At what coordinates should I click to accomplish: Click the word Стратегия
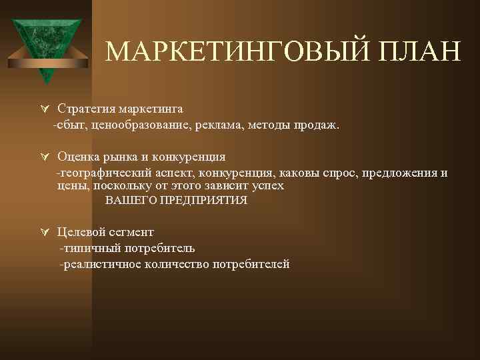click(85, 108)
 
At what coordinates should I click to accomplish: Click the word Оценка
click(76, 157)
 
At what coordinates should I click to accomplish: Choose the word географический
click(100, 173)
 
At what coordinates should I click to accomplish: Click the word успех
click(268, 185)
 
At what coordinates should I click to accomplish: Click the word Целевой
click(79, 232)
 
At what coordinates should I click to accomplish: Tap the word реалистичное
click(102, 265)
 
